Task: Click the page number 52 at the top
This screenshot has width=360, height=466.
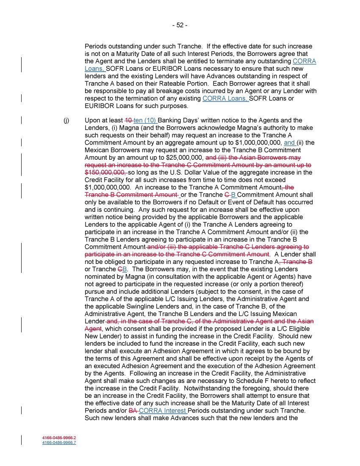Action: (x=180, y=25)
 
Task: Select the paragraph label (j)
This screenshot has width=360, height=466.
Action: (x=66, y=121)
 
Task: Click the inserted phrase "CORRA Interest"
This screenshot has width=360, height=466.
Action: (x=163, y=411)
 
